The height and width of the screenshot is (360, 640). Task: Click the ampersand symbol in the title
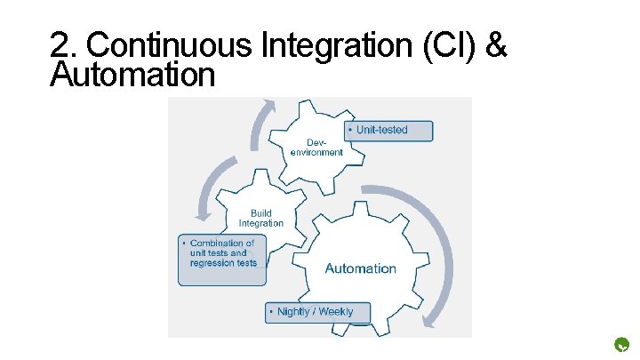498,44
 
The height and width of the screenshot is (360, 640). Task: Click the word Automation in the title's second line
132,75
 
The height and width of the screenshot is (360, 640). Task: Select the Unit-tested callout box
390,131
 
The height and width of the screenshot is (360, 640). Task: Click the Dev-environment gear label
316,148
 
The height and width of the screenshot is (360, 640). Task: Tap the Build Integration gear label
260,219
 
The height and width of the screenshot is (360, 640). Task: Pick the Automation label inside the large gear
360,268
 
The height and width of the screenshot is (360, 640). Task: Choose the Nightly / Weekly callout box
317,312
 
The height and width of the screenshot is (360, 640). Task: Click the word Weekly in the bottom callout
335,312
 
